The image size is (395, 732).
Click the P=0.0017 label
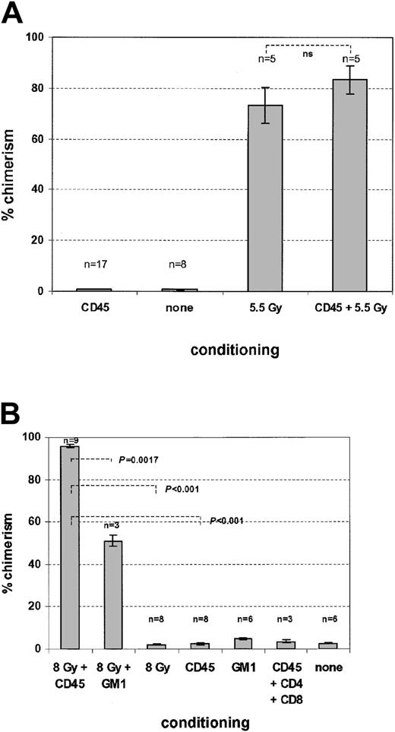(x=145, y=459)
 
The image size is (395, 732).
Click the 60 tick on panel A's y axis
(x=39, y=139)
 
